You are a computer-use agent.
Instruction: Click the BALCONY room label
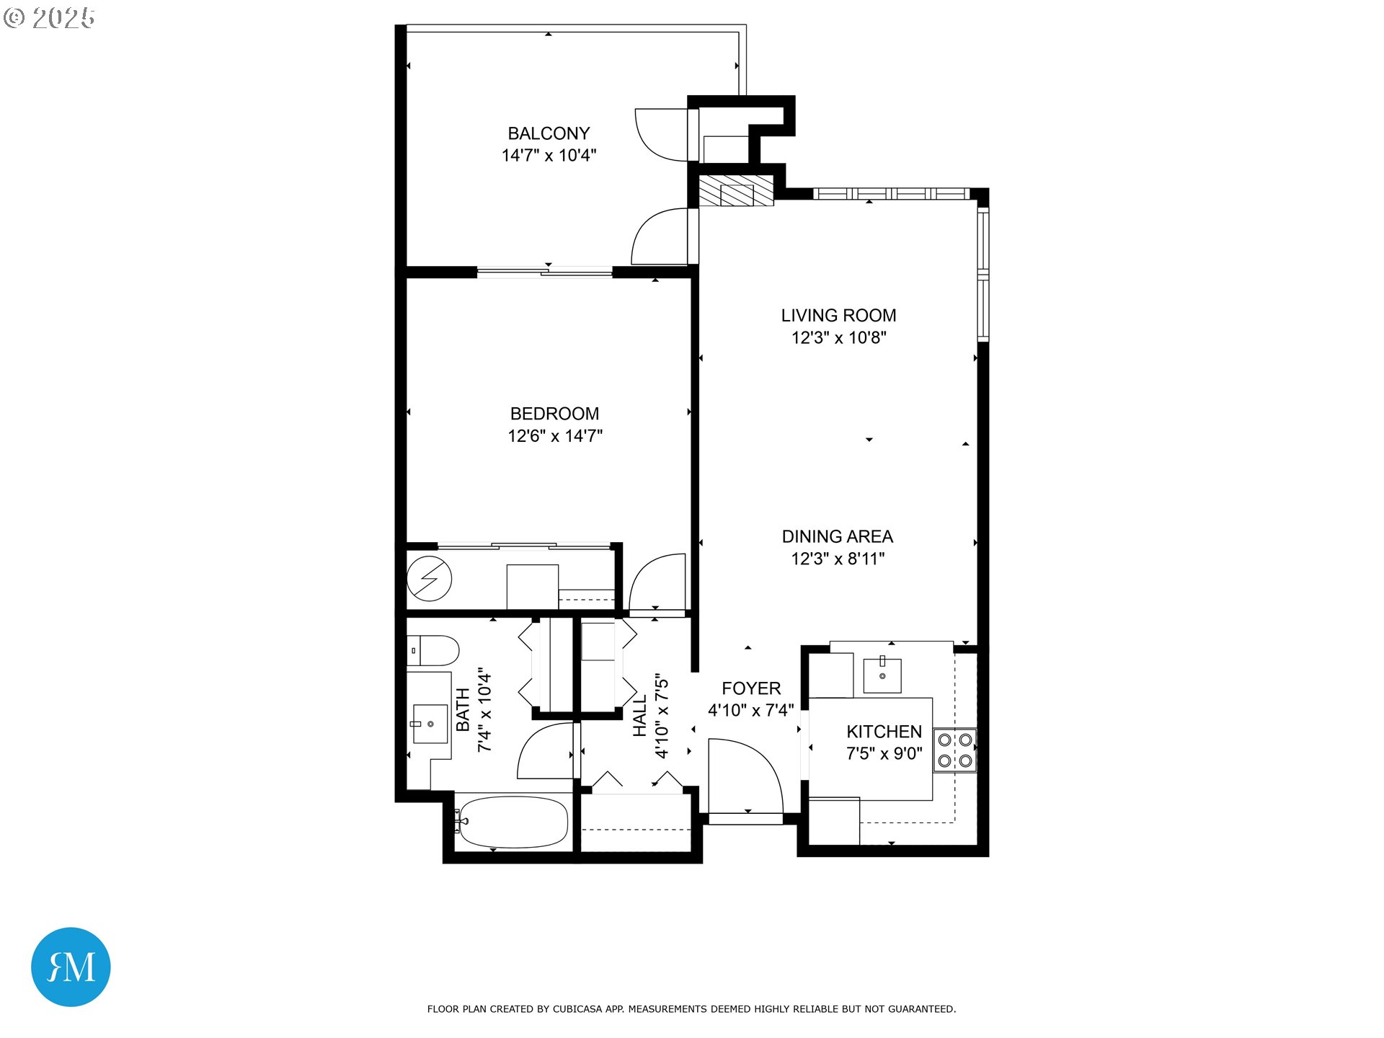pyautogui.click(x=549, y=133)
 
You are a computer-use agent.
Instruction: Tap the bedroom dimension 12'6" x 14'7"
pyautogui.click(x=554, y=436)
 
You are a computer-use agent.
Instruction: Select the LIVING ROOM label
pyautogui.click(x=838, y=316)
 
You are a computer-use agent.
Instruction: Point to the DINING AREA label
pyautogui.click(x=837, y=536)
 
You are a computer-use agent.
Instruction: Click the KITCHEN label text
pyautogui.click(x=884, y=732)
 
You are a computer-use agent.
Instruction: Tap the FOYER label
pyautogui.click(x=751, y=688)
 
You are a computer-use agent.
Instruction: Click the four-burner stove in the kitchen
pyautogui.click(x=954, y=750)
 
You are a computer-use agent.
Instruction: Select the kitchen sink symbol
pyautogui.click(x=882, y=675)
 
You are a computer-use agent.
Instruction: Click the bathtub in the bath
pyautogui.click(x=513, y=822)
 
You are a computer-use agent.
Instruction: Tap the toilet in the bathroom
pyautogui.click(x=434, y=650)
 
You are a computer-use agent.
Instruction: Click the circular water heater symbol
pyautogui.click(x=429, y=578)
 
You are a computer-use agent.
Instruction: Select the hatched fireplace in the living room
pyautogui.click(x=736, y=191)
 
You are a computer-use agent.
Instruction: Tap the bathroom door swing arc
pyautogui.click(x=546, y=752)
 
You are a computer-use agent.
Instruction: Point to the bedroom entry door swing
pyautogui.click(x=658, y=582)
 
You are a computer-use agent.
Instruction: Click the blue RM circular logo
pyautogui.click(x=71, y=967)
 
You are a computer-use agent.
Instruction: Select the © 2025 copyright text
pyautogui.click(x=50, y=18)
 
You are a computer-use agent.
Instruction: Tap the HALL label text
pyautogui.click(x=639, y=716)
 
